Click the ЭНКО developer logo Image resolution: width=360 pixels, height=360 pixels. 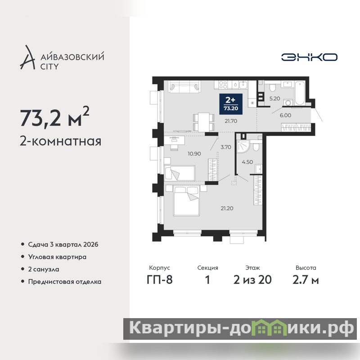tap(309, 57)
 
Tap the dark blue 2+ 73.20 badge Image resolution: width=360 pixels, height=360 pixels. tap(231, 104)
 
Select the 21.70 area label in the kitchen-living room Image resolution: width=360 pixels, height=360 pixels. tap(231, 121)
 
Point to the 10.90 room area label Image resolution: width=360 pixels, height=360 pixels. tap(194, 153)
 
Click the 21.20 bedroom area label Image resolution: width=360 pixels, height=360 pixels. tap(227, 208)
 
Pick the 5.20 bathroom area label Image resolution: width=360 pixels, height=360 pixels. tap(274, 99)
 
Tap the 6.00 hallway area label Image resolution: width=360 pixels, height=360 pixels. tap(285, 115)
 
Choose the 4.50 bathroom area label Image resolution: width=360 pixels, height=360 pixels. tap(247, 162)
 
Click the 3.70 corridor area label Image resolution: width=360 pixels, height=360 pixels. tap(226, 147)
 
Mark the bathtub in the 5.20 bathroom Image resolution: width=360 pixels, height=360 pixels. tap(300, 94)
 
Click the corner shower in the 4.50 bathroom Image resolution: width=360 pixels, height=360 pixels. tap(243, 147)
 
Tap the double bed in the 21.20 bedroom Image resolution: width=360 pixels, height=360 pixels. tap(186, 201)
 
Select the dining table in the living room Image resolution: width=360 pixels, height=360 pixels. tap(204, 122)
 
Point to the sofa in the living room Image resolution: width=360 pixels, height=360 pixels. tap(184, 86)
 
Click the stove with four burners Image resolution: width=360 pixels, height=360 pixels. tap(223, 85)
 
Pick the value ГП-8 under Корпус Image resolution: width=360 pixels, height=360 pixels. tap(160, 279)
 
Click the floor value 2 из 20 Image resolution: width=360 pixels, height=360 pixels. tap(252, 279)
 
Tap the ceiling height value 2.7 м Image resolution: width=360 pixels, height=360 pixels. tap(306, 279)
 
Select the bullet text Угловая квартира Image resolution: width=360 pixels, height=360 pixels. tap(57, 257)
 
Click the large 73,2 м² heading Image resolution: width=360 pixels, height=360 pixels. tap(54, 117)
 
